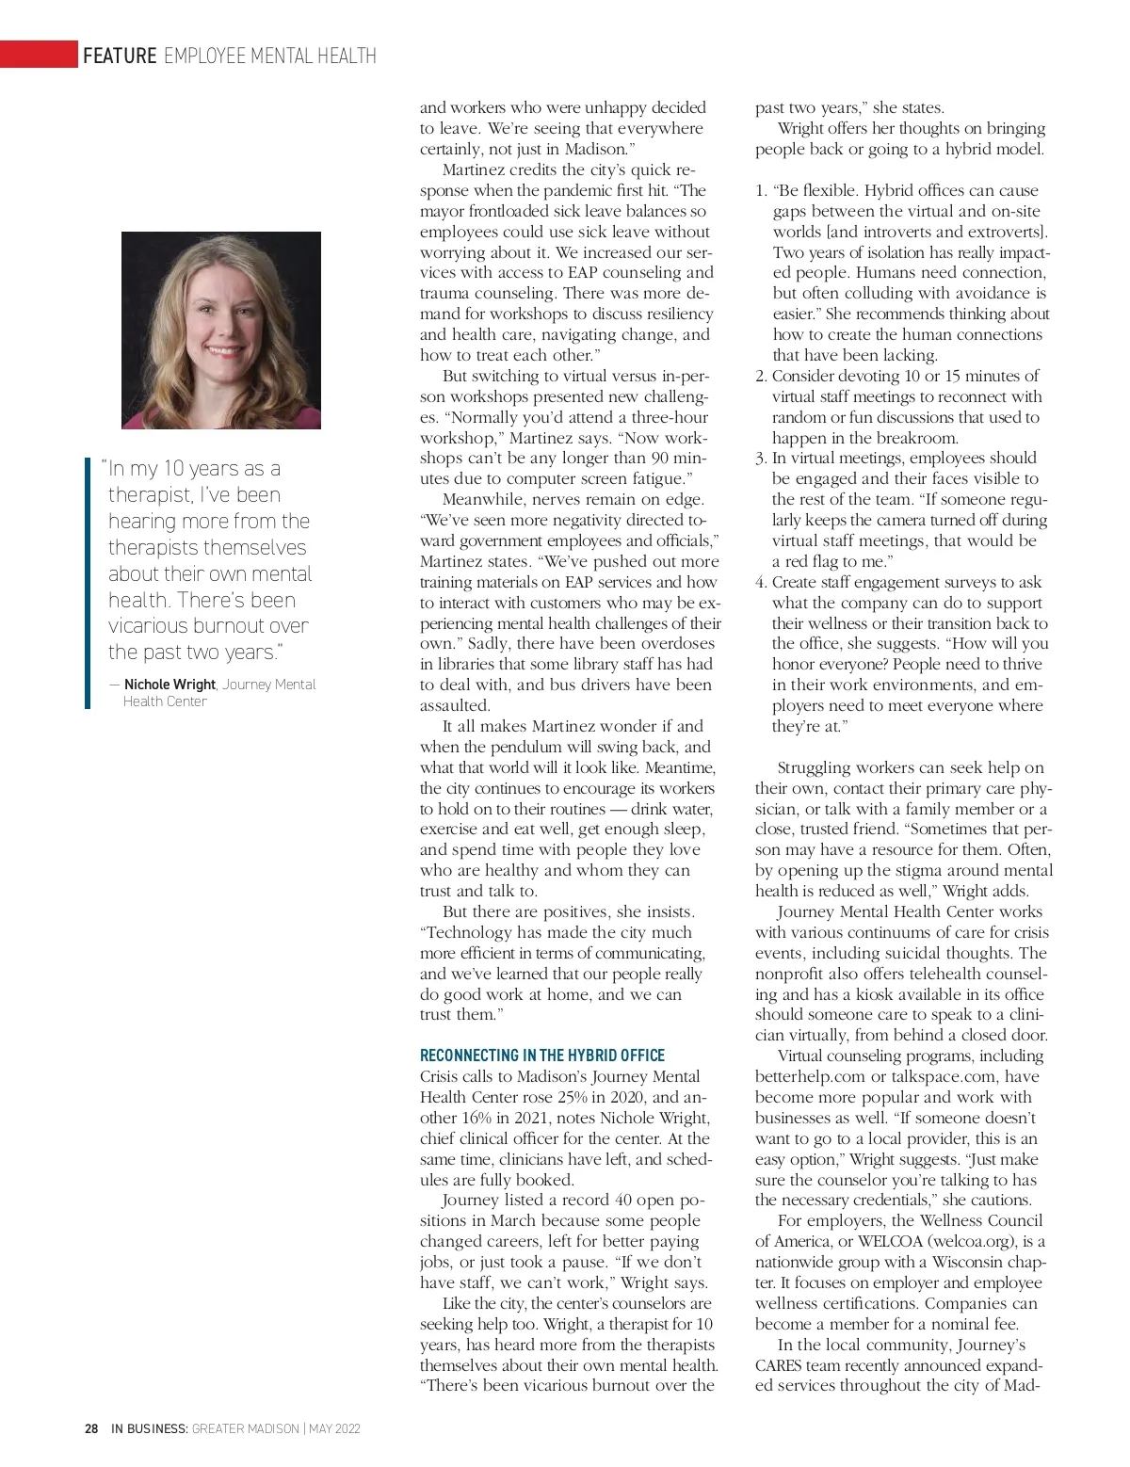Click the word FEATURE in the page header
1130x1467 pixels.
(120, 56)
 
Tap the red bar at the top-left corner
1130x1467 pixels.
(39, 55)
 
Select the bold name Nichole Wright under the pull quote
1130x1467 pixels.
(169, 685)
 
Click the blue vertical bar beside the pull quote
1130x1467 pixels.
(88, 584)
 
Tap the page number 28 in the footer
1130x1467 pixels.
(91, 1428)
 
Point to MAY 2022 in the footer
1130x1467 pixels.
(334, 1428)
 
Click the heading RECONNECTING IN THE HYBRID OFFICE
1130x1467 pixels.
(542, 1056)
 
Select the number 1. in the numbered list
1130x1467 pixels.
(762, 191)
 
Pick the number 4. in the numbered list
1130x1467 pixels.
(761, 583)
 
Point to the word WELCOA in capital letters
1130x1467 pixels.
(890, 1241)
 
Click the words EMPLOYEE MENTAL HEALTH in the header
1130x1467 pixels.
(270, 56)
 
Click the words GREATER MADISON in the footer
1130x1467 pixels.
(245, 1428)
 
